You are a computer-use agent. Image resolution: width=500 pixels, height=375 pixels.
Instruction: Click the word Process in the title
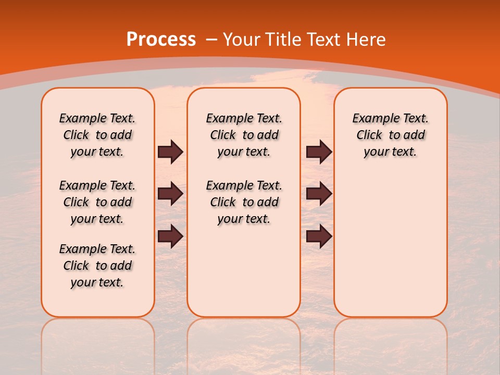(161, 40)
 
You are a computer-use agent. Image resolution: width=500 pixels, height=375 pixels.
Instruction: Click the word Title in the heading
(284, 40)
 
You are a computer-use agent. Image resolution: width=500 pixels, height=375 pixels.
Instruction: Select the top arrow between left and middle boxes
(170, 152)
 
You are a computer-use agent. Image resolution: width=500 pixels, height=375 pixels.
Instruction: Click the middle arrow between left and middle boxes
(170, 194)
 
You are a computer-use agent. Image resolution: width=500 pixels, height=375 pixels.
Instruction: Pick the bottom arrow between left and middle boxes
(170, 236)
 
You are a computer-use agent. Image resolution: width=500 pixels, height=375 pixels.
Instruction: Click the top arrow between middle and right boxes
(319, 152)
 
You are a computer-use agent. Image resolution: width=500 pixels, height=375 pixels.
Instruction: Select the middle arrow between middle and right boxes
(319, 194)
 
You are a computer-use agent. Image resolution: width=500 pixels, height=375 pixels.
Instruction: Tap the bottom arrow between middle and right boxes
(319, 236)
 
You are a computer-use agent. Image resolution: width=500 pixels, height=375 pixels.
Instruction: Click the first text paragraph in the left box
(97, 135)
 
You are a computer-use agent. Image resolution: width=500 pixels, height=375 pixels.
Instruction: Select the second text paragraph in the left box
(97, 202)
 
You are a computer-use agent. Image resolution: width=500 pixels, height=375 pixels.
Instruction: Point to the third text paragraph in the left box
(97, 266)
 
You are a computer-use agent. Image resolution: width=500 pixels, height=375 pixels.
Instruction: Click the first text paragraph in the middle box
(244, 135)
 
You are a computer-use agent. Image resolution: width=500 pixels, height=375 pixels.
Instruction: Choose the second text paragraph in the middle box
(244, 202)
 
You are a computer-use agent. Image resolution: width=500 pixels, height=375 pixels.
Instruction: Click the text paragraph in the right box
(390, 135)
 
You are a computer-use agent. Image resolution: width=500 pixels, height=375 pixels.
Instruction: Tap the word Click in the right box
(369, 135)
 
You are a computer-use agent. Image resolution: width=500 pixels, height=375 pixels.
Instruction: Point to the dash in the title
(211, 40)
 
